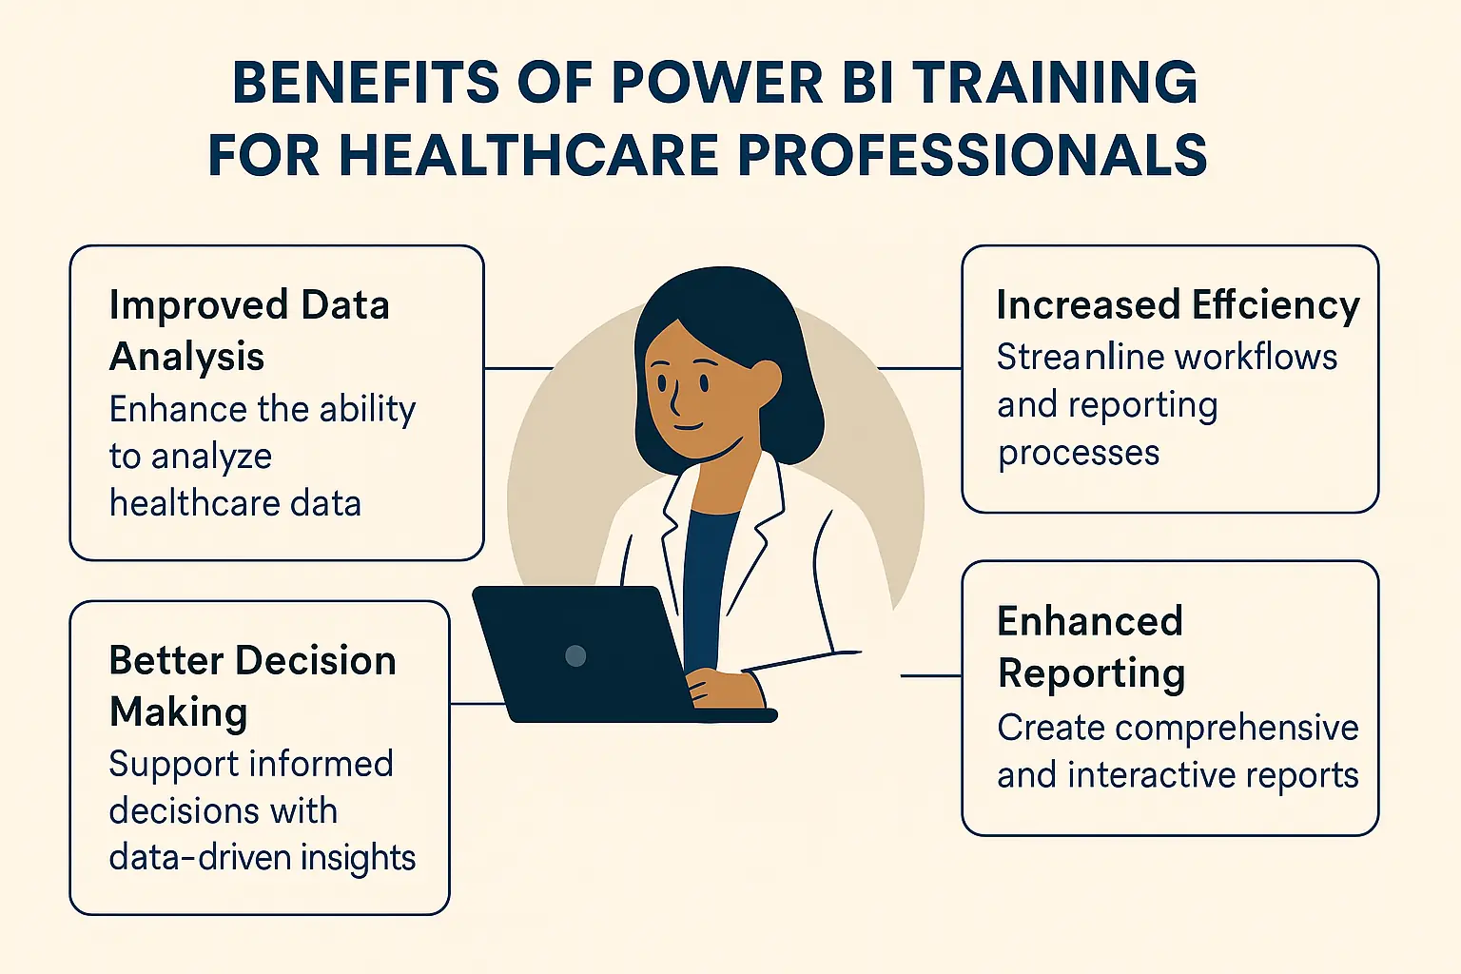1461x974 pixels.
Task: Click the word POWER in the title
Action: (x=717, y=83)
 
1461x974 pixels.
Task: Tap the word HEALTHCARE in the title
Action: (x=528, y=155)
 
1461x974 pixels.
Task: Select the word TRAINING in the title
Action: (x=1055, y=83)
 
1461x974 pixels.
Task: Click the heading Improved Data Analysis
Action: (x=249, y=330)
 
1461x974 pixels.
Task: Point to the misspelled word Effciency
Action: (x=1276, y=305)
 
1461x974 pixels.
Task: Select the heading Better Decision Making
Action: (x=252, y=686)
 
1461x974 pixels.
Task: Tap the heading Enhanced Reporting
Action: (x=1091, y=647)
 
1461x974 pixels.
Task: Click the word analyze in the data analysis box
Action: (x=211, y=457)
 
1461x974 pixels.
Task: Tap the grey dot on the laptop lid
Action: (x=575, y=654)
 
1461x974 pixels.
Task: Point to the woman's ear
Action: (x=767, y=378)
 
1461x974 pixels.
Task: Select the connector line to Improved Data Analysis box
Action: (x=518, y=368)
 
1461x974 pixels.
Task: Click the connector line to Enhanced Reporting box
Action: (x=931, y=676)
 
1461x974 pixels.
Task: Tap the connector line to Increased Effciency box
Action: (x=919, y=368)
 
